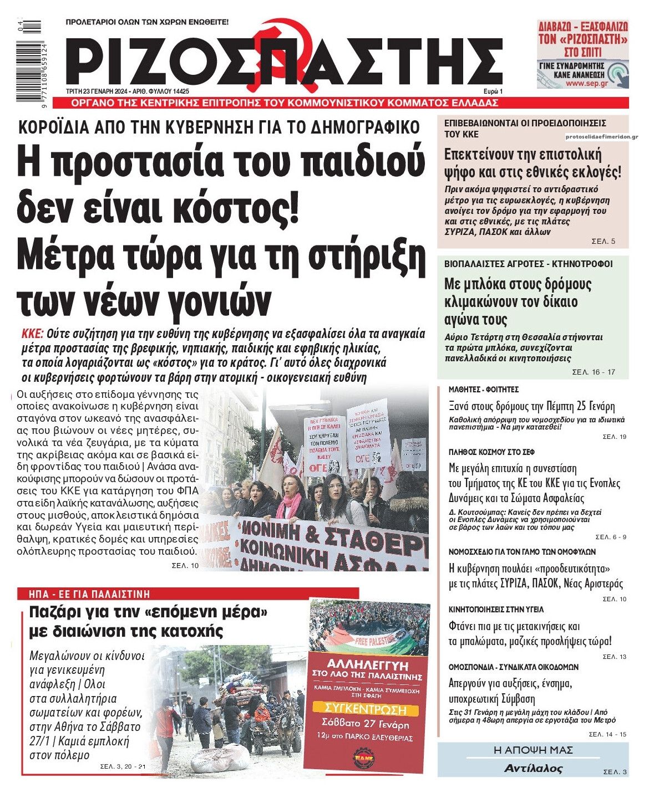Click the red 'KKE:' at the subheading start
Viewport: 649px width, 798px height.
(32, 334)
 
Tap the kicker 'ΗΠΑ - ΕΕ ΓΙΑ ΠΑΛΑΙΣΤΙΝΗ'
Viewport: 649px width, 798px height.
(89, 594)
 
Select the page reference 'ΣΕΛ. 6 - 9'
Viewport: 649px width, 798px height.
(611, 537)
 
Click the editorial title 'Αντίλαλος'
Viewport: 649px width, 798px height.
(533, 769)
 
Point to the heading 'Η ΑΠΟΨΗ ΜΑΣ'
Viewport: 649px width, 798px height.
(533, 750)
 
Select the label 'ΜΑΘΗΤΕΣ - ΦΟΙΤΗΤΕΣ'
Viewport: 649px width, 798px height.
(483, 390)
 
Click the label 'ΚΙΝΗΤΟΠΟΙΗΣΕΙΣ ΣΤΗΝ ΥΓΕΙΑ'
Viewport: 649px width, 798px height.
(496, 609)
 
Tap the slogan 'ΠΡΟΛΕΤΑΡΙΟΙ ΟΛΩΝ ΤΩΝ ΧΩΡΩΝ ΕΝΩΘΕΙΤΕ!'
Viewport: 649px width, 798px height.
(147, 22)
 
